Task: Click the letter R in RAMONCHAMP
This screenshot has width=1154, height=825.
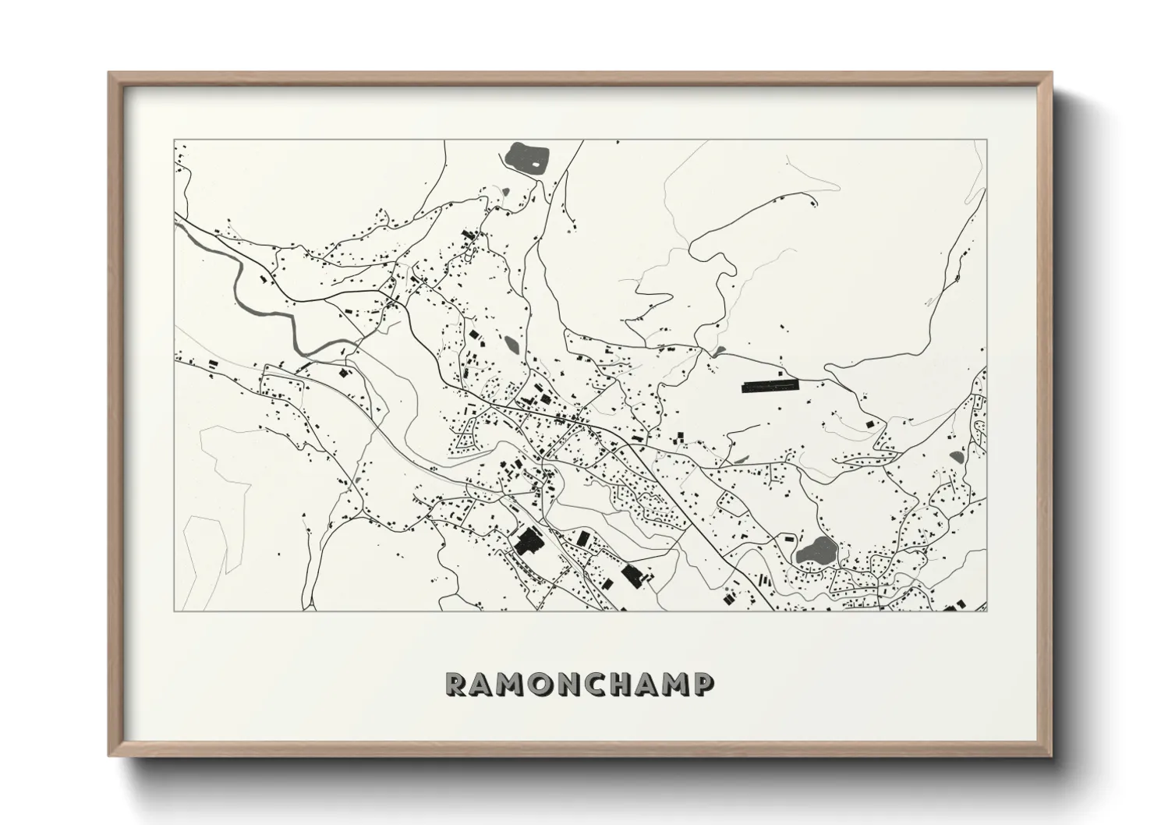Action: coord(455,684)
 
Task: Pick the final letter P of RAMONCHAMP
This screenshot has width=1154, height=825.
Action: coord(703,684)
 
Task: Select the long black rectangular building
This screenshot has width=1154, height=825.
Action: coord(770,386)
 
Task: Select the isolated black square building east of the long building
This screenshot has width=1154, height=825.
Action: coord(868,423)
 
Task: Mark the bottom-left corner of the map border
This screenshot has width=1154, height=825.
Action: coord(173,611)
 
